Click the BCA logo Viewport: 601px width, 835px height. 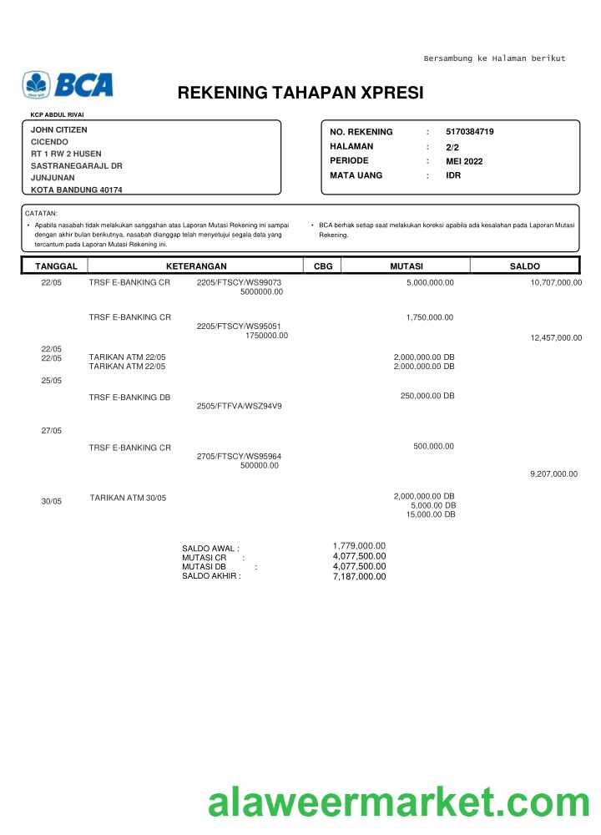[x=68, y=84]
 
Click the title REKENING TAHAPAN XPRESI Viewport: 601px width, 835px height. [x=300, y=93]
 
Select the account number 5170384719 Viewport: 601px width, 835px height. [x=470, y=132]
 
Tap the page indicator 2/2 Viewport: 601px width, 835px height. [x=452, y=147]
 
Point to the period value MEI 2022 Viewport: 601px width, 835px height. [x=464, y=161]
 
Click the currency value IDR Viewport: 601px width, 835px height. [x=453, y=175]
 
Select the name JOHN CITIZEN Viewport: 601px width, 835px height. [x=58, y=129]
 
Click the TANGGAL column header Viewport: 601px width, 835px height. [x=56, y=266]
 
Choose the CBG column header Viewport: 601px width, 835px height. [x=322, y=266]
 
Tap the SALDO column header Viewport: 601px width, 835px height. [x=525, y=266]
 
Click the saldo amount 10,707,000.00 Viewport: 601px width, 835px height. [x=556, y=283]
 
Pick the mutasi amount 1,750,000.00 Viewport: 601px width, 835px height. [x=430, y=317]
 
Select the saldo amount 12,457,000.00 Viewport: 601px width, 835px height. [x=556, y=338]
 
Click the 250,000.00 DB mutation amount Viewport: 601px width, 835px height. [x=427, y=396]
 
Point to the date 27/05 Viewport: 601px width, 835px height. [x=51, y=431]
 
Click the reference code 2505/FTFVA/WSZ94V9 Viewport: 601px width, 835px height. [x=239, y=407]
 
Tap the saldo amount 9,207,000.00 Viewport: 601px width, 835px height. [x=553, y=474]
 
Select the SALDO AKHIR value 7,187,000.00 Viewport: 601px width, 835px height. [x=359, y=576]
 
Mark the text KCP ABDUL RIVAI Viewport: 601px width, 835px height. [x=57, y=114]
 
